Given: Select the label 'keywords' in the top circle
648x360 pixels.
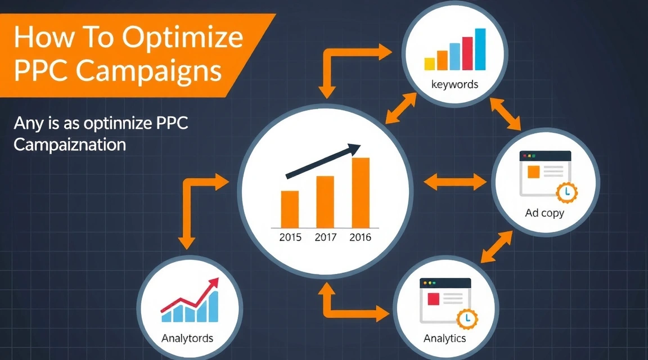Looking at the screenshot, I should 454,84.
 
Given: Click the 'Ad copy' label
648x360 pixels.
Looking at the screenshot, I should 544,213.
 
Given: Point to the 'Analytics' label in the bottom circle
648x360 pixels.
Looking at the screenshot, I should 444,338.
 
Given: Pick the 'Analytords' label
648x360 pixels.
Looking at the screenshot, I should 187,339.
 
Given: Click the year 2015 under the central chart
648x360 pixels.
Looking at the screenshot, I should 290,237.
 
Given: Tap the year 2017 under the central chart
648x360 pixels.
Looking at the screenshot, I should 325,237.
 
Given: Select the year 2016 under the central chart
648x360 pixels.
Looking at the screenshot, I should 360,237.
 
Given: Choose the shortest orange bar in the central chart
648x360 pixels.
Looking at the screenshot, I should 290,208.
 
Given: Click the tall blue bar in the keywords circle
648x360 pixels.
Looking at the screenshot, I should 480,49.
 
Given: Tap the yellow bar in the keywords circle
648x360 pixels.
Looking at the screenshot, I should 430,63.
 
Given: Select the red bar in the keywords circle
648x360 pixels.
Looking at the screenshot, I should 467,53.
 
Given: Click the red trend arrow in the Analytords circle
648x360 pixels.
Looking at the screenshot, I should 191,295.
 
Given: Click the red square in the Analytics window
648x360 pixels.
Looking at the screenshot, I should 433,298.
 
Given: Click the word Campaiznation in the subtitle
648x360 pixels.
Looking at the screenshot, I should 69,144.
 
